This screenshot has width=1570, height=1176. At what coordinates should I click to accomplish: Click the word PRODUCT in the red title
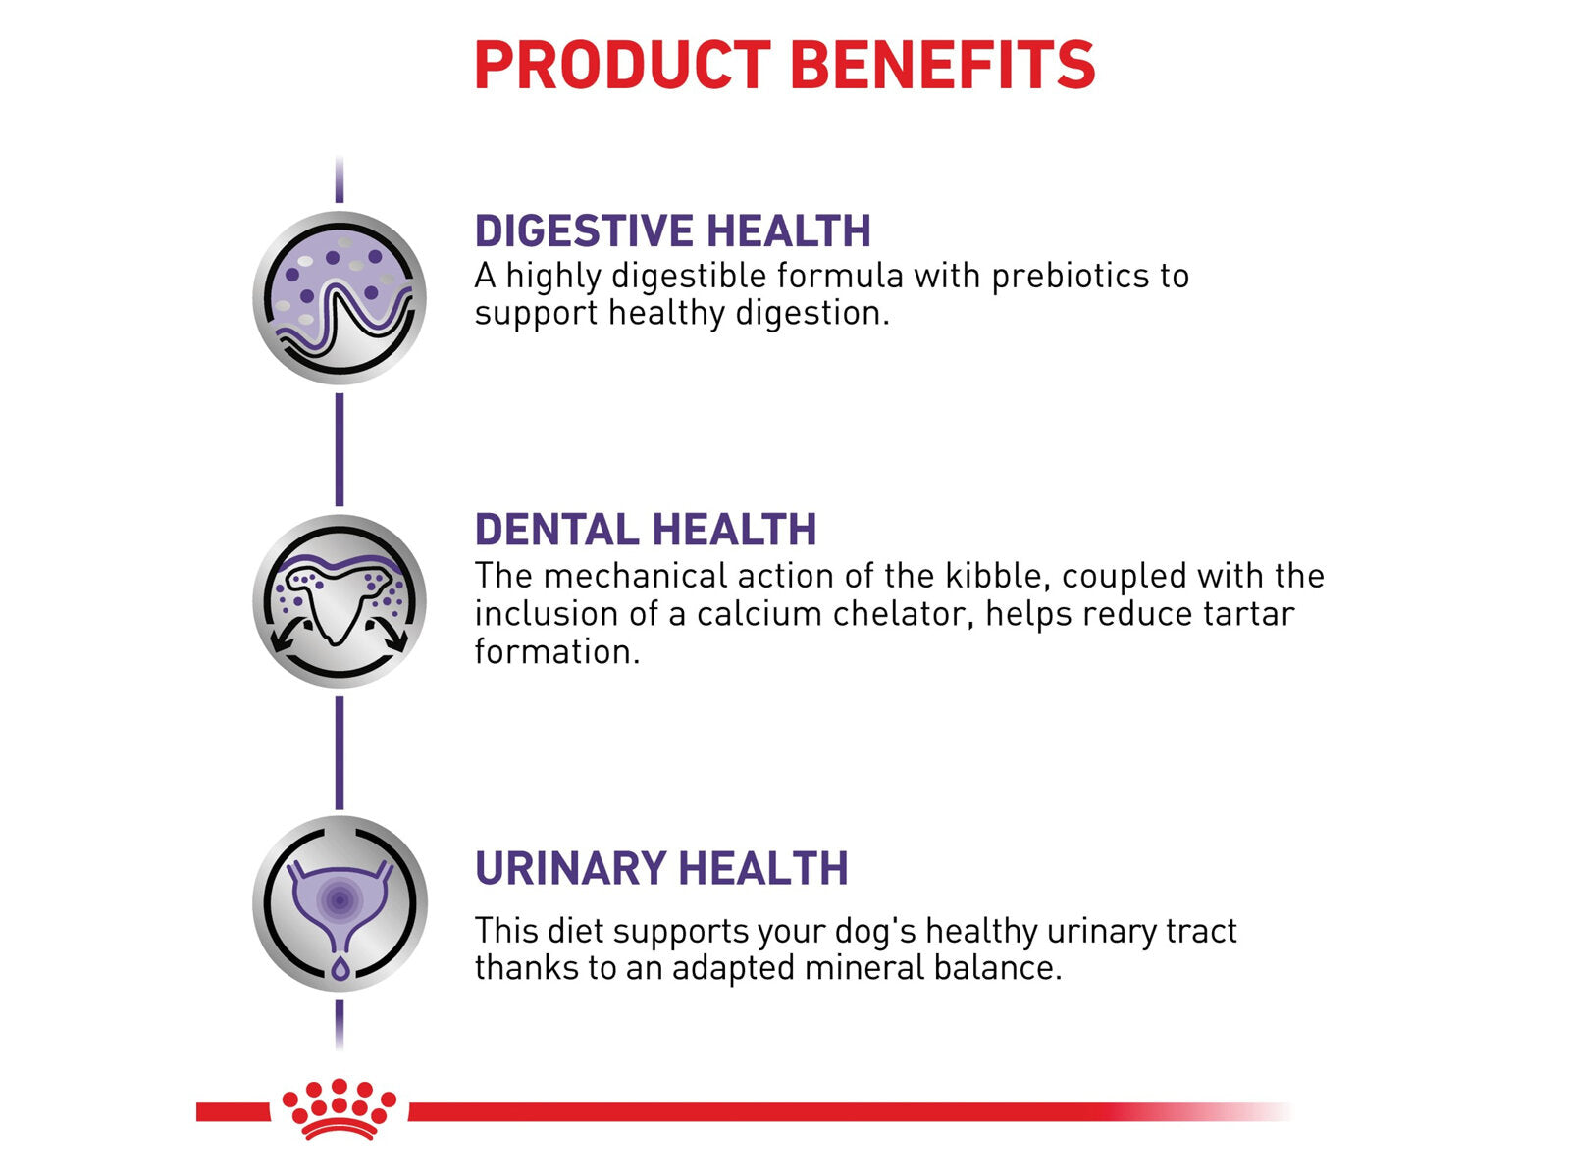coord(622,65)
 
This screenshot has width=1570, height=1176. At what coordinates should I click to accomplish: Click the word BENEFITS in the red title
coord(943,65)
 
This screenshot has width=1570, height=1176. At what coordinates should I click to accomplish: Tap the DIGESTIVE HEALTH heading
coord(673,230)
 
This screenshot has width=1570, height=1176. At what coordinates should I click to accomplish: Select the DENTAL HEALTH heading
coord(646,529)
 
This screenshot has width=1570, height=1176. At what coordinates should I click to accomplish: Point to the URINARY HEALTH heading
coord(661,869)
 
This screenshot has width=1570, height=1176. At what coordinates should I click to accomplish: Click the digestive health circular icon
coord(340,297)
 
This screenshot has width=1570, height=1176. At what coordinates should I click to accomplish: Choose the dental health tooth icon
coord(340,601)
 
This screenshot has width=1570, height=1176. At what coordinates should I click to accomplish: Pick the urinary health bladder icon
coord(340,903)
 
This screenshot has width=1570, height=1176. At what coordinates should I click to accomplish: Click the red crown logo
coord(340,1108)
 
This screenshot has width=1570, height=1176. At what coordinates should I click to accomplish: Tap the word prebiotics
coord(1064,277)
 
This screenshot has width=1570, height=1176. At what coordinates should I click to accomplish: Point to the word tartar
coord(1249,614)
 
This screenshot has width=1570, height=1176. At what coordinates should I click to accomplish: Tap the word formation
coord(557,652)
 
